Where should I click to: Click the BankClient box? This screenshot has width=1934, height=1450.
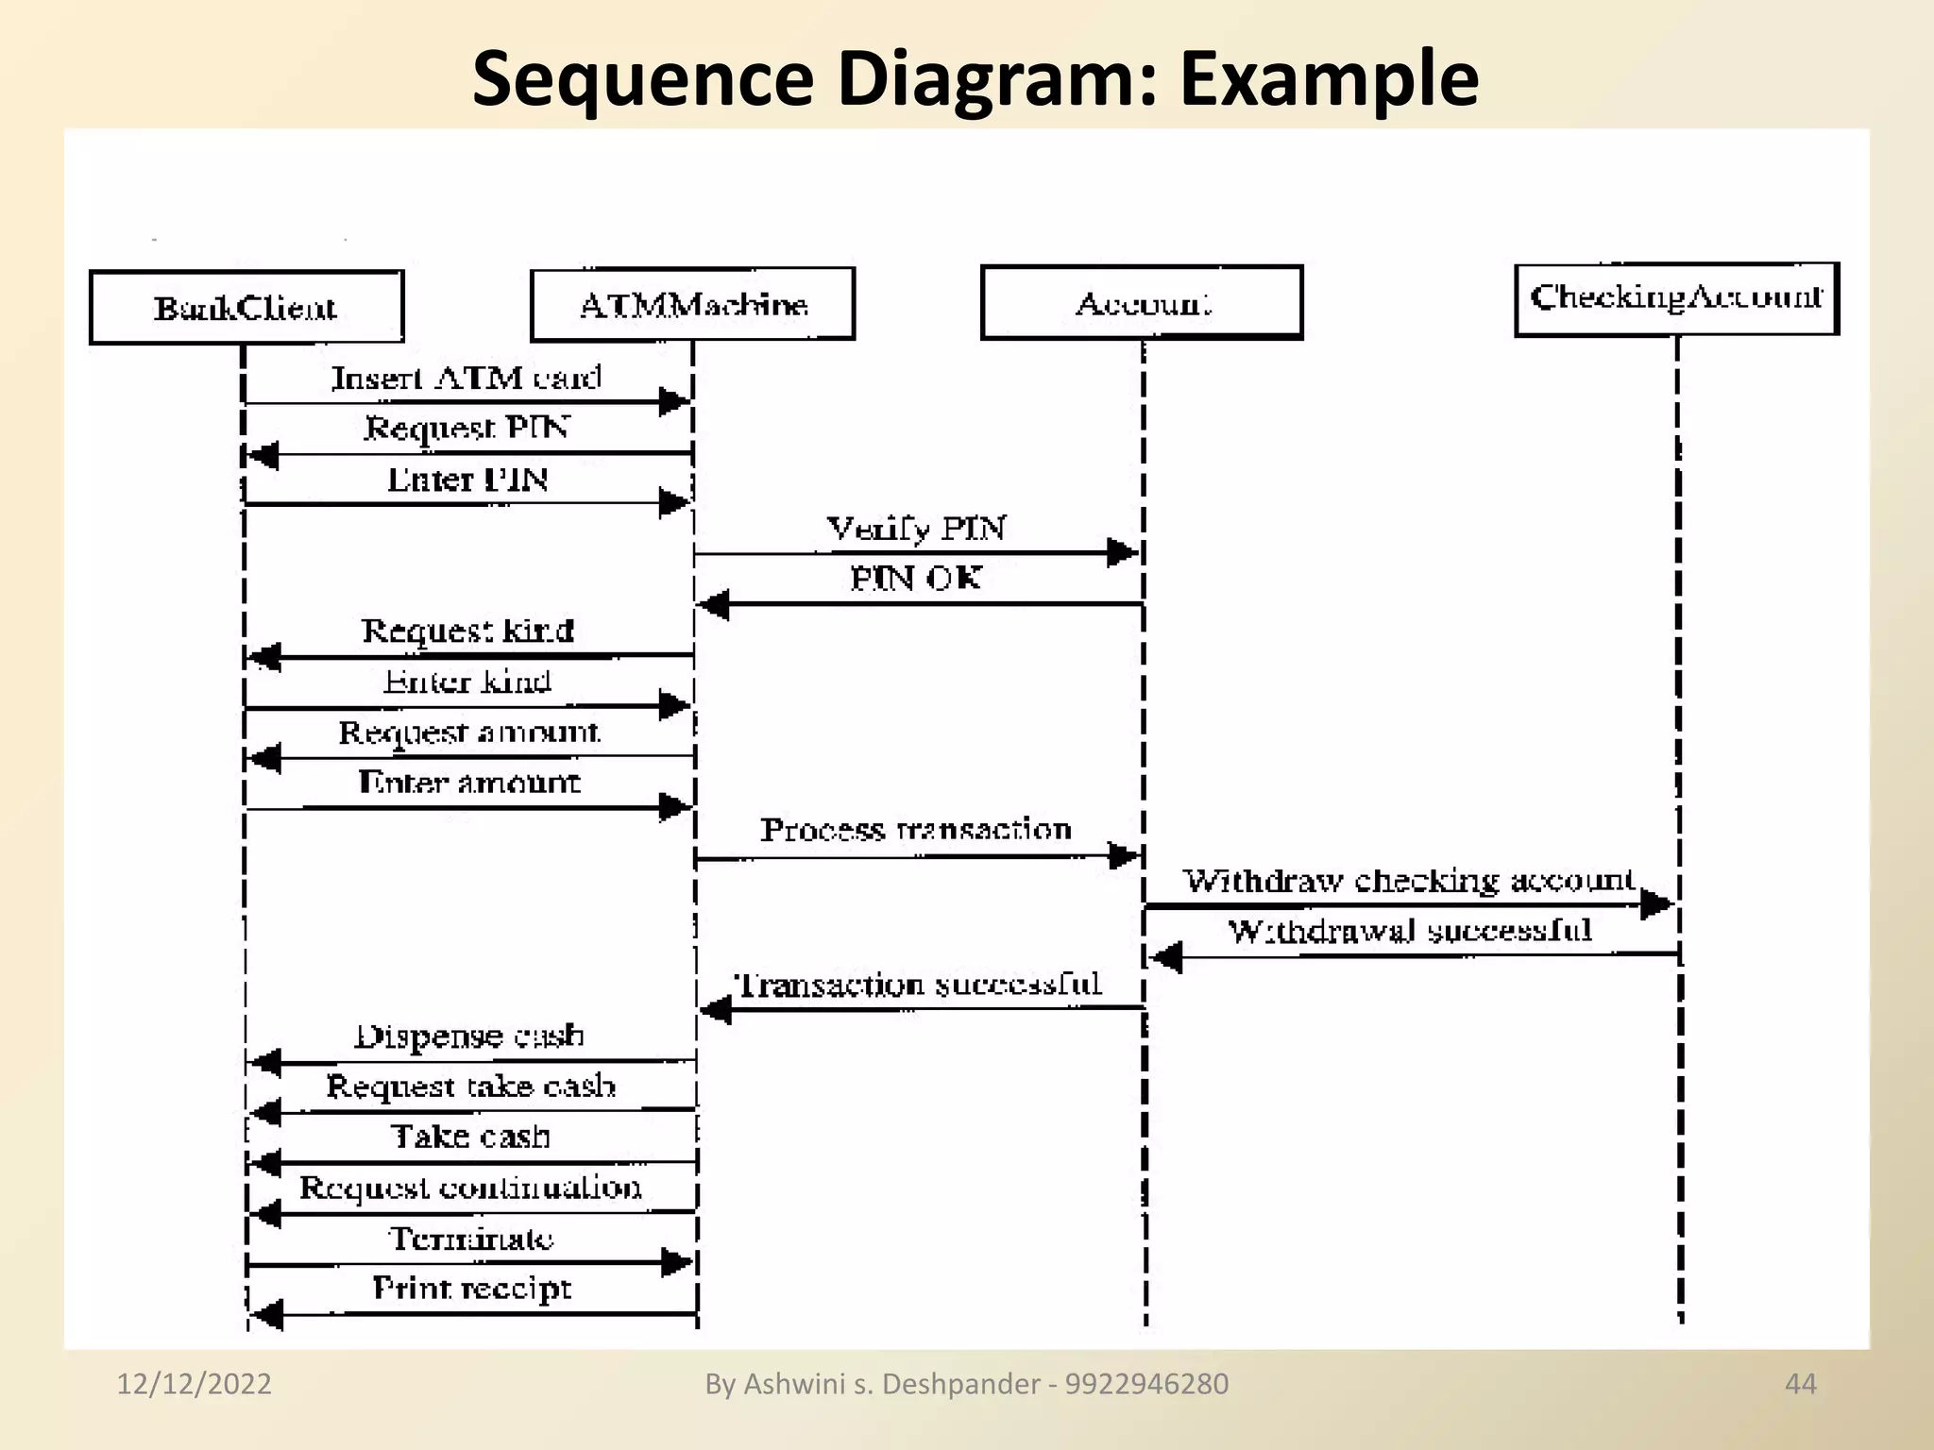pyautogui.click(x=246, y=308)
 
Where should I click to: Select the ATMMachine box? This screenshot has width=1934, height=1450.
pyautogui.click(x=692, y=304)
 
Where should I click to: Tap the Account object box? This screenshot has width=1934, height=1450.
pyautogui.click(x=1142, y=302)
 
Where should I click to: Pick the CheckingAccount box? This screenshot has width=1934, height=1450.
pyautogui.click(x=1676, y=298)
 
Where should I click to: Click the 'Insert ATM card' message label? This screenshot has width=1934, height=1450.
pyautogui.click(x=467, y=378)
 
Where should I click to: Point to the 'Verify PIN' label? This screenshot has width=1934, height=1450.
pyautogui.click(x=916, y=528)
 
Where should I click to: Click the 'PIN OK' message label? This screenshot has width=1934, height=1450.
pyautogui.click(x=916, y=578)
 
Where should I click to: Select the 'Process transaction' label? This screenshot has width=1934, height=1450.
pyautogui.click(x=916, y=830)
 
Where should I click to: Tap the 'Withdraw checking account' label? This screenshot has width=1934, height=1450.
pyautogui.click(x=1409, y=881)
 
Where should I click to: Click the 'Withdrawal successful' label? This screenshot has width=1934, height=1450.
pyautogui.click(x=1409, y=932)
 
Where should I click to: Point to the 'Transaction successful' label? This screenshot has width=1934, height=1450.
pyautogui.click(x=918, y=985)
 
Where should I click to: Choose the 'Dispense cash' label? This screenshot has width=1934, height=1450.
pyautogui.click(x=469, y=1037)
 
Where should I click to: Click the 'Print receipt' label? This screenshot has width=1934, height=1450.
pyautogui.click(x=471, y=1288)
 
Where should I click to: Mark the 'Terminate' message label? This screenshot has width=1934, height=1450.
pyautogui.click(x=471, y=1238)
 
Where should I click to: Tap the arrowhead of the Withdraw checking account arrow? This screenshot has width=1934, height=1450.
pyautogui.click(x=1656, y=904)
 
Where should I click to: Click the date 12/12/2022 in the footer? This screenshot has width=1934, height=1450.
pyautogui.click(x=194, y=1384)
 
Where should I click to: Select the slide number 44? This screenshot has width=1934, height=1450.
pyautogui.click(x=1800, y=1384)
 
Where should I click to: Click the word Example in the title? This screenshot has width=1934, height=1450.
pyautogui.click(x=1329, y=78)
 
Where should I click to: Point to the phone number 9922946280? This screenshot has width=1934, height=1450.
pyautogui.click(x=1146, y=1384)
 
